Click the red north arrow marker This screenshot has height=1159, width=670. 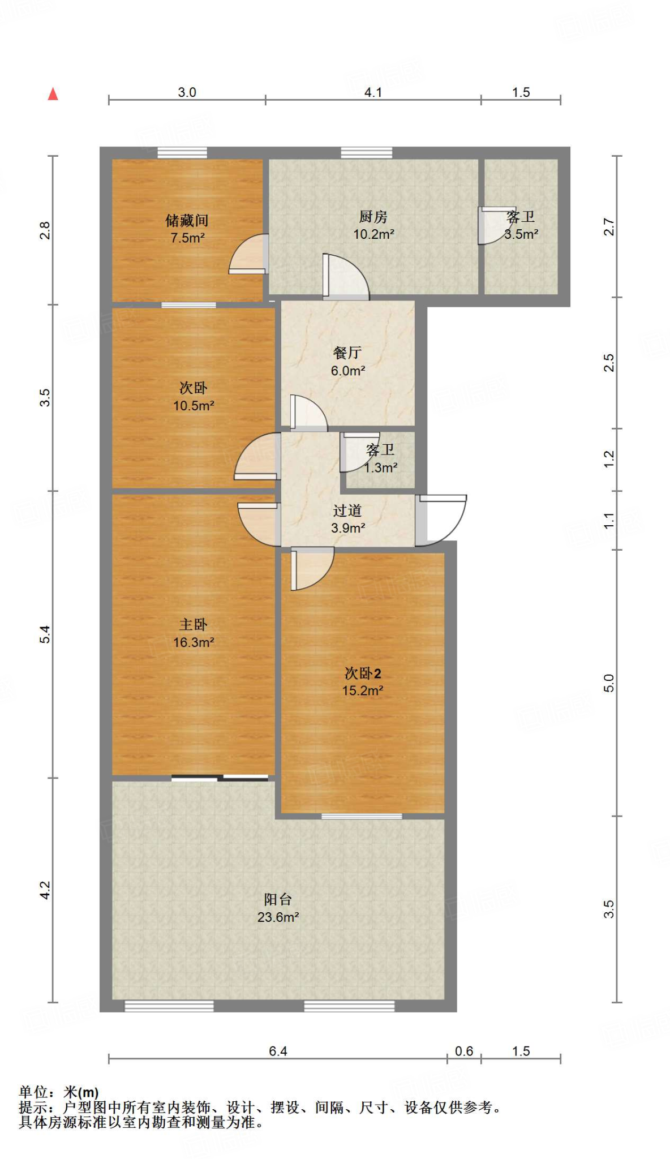53,94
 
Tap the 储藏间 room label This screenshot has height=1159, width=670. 187,220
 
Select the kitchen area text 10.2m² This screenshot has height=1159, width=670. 373,234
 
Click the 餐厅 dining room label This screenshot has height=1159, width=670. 347,353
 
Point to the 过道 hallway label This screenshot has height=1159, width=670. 347,510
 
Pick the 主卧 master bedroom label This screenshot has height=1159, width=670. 194,625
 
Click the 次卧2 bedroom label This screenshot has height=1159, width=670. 363,673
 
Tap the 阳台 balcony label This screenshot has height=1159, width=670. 278,899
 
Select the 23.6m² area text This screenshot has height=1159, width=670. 278,917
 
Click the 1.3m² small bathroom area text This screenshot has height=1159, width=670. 381,468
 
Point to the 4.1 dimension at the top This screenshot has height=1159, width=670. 373,92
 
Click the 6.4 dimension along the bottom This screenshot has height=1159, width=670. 278,1051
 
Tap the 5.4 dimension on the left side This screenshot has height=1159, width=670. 45,634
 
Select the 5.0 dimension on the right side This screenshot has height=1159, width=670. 608,683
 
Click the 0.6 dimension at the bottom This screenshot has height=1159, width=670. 464,1051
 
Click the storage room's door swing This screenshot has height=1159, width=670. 248,254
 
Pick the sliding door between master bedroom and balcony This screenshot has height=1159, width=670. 220,778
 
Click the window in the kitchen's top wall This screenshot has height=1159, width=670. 366,152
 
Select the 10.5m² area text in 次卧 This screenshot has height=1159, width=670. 194,406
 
